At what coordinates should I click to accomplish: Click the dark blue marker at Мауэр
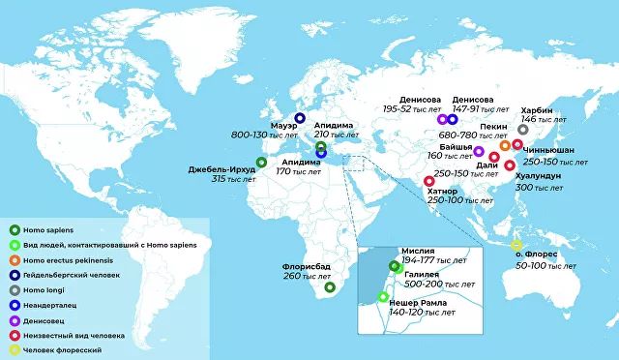pos(300,118)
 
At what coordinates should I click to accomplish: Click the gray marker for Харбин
pos(523,130)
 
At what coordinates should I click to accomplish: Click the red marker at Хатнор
pos(429,181)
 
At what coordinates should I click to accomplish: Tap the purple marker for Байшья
pos(479,152)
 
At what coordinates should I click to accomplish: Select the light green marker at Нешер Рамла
pos(383,296)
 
